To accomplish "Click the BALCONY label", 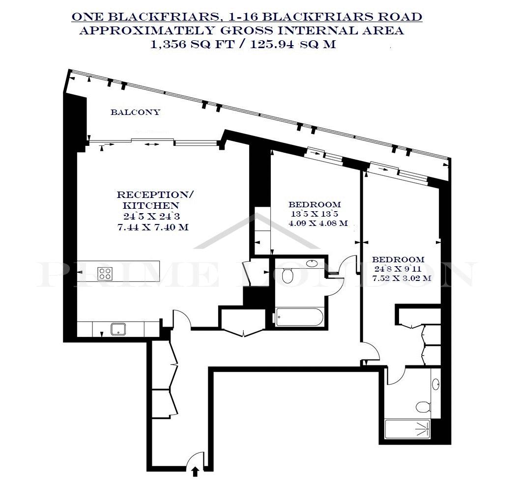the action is click(135, 112).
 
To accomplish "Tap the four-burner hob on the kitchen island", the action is click(105, 274).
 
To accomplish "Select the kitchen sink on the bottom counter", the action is click(118, 329).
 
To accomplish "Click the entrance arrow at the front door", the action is click(195, 472).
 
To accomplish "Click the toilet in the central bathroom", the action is click(287, 276).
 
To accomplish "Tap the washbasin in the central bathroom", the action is click(312, 263).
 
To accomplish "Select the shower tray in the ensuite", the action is click(407, 429).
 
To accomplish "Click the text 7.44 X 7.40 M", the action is click(153, 227).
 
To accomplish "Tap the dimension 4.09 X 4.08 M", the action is click(318, 223).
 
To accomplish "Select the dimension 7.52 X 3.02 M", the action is click(401, 278).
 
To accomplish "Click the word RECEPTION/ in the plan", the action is click(155, 195).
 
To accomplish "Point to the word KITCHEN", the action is click(151, 205).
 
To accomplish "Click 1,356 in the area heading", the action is click(168, 44).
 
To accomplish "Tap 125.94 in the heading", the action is click(272, 44).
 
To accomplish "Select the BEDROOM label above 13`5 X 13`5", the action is click(315, 204).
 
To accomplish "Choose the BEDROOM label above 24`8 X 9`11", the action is click(399, 259).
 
